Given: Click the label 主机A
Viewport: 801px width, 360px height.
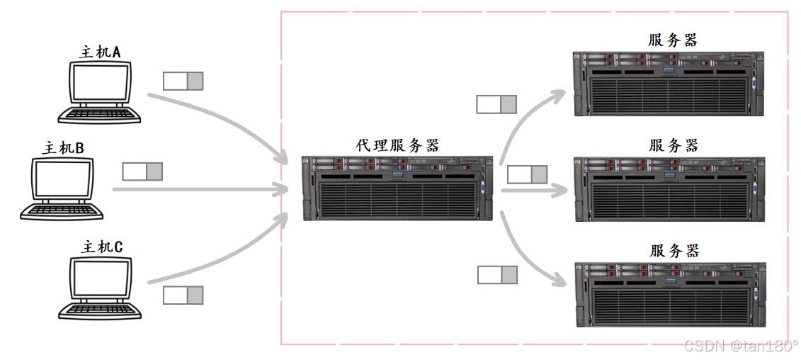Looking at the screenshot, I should [100, 52].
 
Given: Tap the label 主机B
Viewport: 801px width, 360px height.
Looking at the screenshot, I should [63, 148].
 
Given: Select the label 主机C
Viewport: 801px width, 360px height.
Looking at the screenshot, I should [102, 247].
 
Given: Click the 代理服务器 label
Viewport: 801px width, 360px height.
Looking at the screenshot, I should [397, 145].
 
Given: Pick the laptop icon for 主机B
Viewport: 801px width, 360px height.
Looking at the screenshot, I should [62, 189].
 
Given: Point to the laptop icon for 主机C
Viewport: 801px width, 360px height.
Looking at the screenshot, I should [100, 287].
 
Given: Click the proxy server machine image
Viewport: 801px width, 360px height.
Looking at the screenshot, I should [397, 188].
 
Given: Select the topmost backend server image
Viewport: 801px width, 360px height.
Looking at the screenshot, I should [669, 83].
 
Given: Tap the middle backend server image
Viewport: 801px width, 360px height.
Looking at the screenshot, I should [669, 188].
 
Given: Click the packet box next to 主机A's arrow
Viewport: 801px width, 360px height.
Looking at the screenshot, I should [183, 81].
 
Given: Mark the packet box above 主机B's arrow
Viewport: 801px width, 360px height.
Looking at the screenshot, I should [142, 171].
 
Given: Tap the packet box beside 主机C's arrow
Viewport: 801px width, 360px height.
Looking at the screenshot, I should [183, 295].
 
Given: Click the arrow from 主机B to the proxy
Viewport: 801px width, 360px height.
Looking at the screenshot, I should [198, 190].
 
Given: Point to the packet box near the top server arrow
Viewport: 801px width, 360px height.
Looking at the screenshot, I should [496, 104].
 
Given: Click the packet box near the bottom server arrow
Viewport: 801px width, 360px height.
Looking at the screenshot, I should [497, 274].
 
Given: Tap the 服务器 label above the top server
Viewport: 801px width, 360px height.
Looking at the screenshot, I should [672, 40].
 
